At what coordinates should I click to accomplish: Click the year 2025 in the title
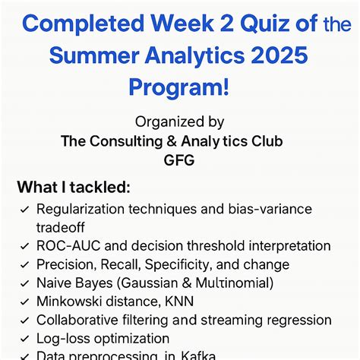click(x=282, y=56)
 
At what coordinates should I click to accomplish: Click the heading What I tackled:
click(x=74, y=187)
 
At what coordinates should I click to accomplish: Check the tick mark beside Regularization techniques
click(x=25, y=209)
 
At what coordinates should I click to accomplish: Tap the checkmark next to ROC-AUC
click(x=25, y=246)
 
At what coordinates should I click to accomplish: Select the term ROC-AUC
click(x=65, y=246)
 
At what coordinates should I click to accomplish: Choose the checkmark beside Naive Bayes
click(x=25, y=283)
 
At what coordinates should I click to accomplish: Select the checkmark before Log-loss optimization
click(x=25, y=339)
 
